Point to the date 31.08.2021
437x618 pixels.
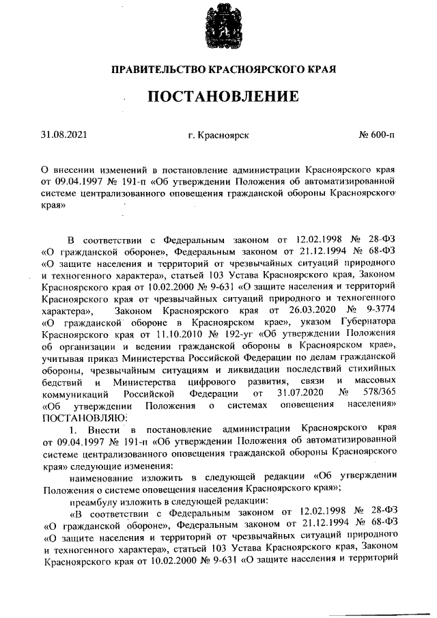[x=64, y=135]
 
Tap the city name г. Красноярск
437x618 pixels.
[x=218, y=135]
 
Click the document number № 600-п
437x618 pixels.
[x=377, y=135]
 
